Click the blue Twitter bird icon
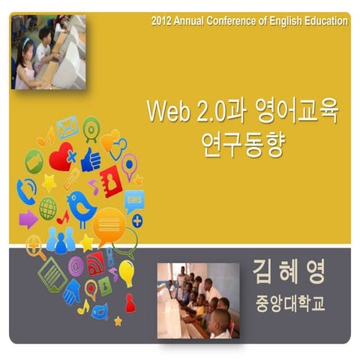80,205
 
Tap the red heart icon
61,158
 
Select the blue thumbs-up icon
91,158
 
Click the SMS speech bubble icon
134,201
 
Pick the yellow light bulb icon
126,272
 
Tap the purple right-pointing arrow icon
28,219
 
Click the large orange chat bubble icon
109,223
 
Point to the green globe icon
48,208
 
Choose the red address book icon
112,181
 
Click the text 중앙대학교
289,305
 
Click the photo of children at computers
48,52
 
